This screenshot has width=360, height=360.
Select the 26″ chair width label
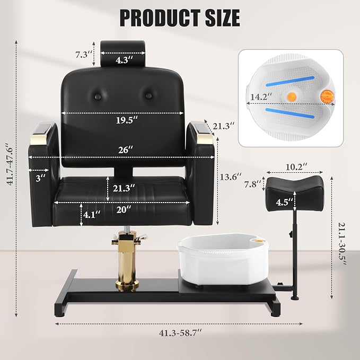126,150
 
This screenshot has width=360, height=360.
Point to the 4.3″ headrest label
124,60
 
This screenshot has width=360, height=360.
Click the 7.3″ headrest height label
84,55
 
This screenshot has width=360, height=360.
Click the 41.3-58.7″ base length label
180,333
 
